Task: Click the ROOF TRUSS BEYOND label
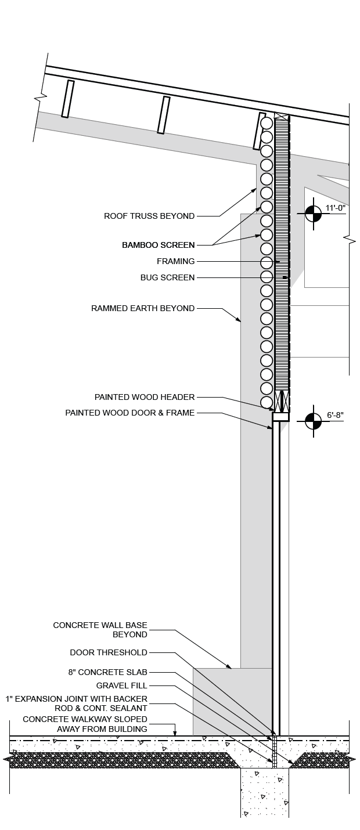click(x=149, y=216)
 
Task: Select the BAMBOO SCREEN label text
click(x=158, y=245)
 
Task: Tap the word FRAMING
click(x=175, y=261)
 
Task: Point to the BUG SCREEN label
click(x=167, y=277)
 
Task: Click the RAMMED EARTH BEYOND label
click(x=143, y=308)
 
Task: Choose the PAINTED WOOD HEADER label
click(x=145, y=397)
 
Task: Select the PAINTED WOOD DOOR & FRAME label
click(x=129, y=413)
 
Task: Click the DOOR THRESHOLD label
click(x=109, y=652)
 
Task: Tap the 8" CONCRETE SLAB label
click(x=108, y=672)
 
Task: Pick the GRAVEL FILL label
click(x=122, y=685)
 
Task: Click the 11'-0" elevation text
click(x=336, y=208)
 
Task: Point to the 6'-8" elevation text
click(x=336, y=415)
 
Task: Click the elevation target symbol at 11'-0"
click(x=313, y=214)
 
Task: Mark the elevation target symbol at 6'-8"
click(x=313, y=421)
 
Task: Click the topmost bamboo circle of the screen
click(x=267, y=123)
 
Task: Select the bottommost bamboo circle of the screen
click(x=267, y=402)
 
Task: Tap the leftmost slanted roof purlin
click(x=68, y=99)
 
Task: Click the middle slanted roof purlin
click(x=164, y=115)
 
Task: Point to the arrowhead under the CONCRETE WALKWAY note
click(x=175, y=732)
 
